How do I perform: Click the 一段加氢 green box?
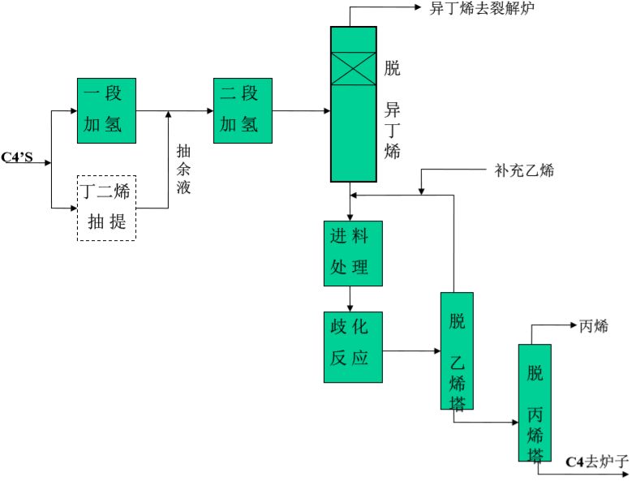point(106,110)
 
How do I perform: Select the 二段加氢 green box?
point(242,110)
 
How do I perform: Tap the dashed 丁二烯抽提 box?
point(106,208)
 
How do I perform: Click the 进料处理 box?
point(353,253)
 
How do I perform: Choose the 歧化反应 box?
point(353,346)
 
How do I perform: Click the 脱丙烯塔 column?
point(535,402)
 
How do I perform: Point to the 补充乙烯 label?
point(525,171)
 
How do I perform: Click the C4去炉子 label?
point(596,462)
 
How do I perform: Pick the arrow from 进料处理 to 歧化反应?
point(350,299)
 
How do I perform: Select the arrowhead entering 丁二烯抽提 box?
point(72,208)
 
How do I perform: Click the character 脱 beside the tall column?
point(393,68)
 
